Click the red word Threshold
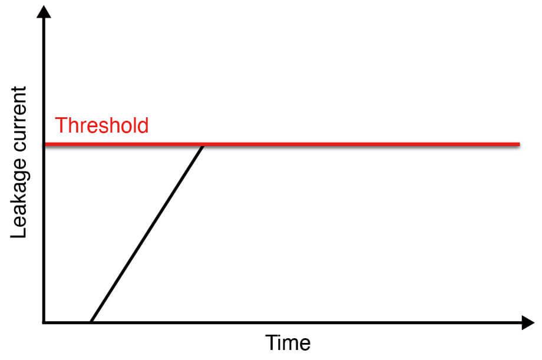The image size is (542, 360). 101,125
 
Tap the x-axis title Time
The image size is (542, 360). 288,343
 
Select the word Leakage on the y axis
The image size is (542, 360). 19,199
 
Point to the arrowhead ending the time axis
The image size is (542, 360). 528,323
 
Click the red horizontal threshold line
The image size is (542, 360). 282,144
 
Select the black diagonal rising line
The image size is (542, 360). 147,234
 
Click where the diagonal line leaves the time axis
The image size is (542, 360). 91,322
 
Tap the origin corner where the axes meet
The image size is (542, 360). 44,323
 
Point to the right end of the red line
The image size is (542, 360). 520,144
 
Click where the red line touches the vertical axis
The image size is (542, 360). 45,144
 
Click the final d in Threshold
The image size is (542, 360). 143,125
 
